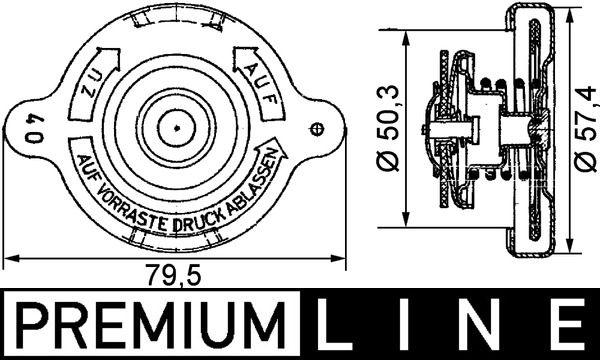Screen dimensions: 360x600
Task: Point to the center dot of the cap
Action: [174, 127]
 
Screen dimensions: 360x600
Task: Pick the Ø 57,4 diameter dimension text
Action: [584, 128]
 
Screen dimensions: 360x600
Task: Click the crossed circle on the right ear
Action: [318, 128]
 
